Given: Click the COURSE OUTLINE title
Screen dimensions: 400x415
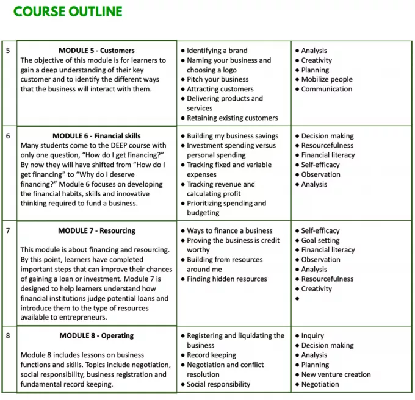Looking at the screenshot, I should (x=68, y=12).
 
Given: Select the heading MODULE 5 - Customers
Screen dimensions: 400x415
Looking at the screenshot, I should (x=96, y=51).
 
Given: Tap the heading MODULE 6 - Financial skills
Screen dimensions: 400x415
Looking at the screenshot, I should (x=99, y=136).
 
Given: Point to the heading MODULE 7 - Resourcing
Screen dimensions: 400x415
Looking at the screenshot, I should (x=96, y=231).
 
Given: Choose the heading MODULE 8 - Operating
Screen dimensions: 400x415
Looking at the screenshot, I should (x=96, y=336).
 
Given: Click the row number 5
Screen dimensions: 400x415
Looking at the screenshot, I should (x=8, y=51).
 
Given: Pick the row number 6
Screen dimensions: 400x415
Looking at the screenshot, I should (x=8, y=136).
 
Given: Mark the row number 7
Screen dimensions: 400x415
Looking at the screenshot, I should (x=8, y=231).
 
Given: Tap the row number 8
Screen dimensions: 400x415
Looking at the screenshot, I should (x=8, y=336).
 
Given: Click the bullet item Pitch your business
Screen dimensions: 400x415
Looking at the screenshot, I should (x=217, y=79).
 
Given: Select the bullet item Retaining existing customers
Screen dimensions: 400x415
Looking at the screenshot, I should (x=232, y=118).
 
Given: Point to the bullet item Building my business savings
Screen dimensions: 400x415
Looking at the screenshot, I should (x=232, y=136).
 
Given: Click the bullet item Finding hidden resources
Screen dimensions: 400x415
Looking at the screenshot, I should (x=226, y=279).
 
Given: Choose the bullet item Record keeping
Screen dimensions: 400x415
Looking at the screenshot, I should (x=211, y=355).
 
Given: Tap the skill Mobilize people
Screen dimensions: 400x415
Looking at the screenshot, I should (x=327, y=79).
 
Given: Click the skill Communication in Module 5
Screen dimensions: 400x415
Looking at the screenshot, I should (x=327, y=89).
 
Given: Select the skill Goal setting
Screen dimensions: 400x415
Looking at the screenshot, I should (x=320, y=240).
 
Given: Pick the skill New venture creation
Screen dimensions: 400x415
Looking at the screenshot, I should (x=336, y=374).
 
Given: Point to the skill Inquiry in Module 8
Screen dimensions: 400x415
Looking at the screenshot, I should (x=312, y=336).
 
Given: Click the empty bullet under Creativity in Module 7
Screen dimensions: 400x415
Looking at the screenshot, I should (x=297, y=299).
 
